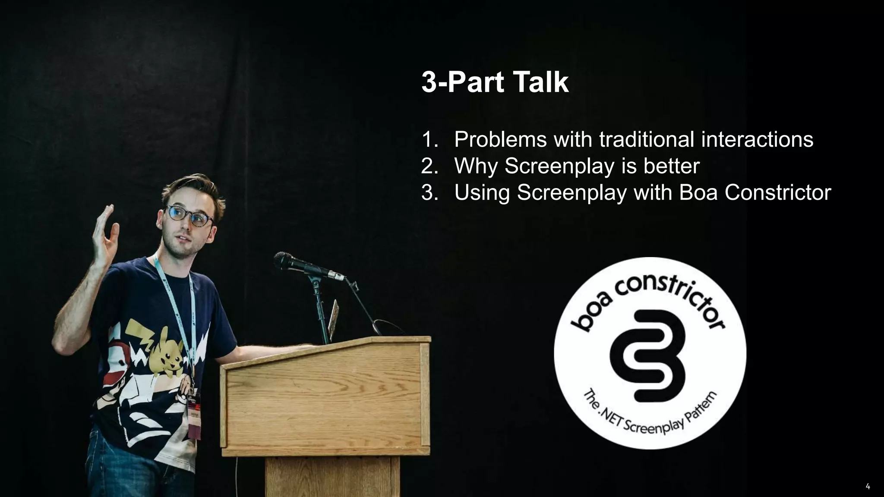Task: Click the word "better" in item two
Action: pos(671,166)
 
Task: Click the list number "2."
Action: pos(429,166)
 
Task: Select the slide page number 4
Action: pos(868,487)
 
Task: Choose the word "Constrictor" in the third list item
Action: pos(777,192)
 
